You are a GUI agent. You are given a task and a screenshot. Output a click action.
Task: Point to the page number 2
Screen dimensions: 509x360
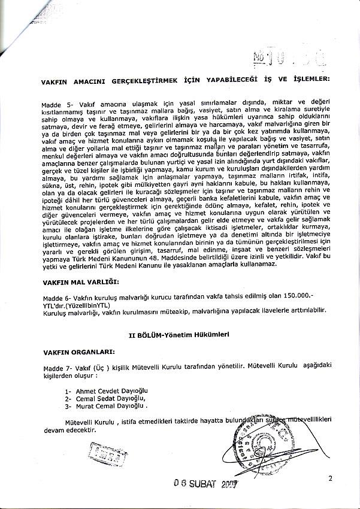pos(330,477)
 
